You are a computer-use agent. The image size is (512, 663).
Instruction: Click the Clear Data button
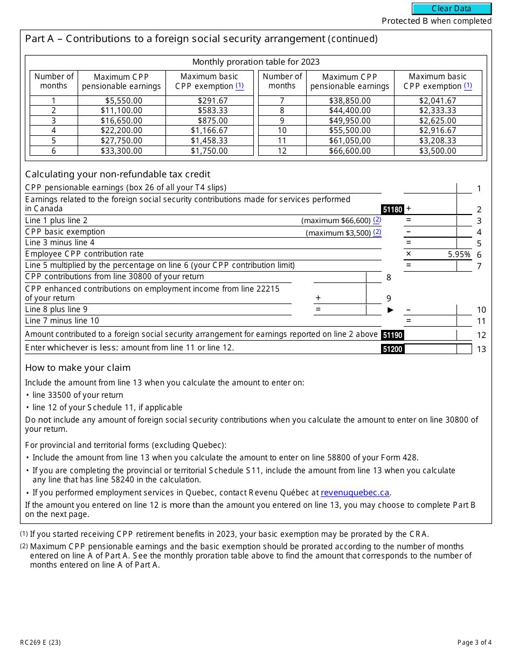point(452,9)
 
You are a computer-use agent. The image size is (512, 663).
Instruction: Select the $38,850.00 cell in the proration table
point(350,101)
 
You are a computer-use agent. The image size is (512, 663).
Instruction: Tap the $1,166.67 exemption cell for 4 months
point(209,130)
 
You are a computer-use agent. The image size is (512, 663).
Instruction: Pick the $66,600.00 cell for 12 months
point(350,151)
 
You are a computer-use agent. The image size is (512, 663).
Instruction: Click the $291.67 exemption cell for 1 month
point(209,101)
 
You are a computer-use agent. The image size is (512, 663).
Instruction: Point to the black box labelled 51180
point(392,209)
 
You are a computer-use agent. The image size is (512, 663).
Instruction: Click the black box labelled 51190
point(392,335)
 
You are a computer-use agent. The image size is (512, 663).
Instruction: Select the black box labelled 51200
point(392,349)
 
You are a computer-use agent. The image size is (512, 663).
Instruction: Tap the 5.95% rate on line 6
point(459,254)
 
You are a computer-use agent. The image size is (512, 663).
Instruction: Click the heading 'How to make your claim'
point(78,368)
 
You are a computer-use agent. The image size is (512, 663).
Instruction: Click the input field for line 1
point(430,188)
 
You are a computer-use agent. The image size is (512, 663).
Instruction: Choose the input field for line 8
point(340,278)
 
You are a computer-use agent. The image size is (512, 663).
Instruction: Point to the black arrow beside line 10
point(391,310)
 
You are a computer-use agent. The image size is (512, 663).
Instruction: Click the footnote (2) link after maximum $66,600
point(377,220)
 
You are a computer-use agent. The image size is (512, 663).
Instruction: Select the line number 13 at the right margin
point(481,349)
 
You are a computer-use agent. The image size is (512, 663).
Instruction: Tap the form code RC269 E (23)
point(40,642)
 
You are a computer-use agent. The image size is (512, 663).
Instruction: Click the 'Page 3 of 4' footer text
point(474,642)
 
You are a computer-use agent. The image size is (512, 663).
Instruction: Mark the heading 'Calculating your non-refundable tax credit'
point(117,174)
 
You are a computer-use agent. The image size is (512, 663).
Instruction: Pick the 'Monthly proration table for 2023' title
point(256,62)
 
